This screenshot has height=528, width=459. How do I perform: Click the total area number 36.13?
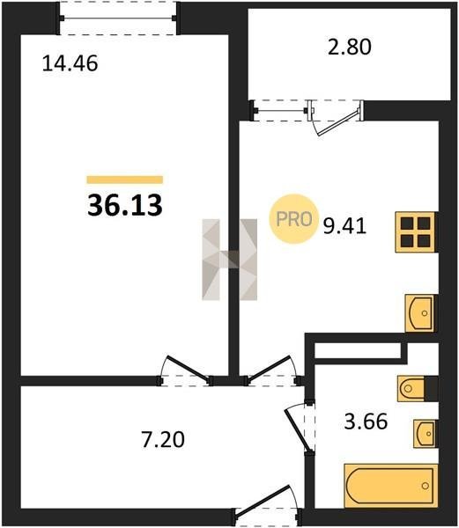tap(125, 205)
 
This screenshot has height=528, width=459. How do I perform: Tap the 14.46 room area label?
tap(70, 63)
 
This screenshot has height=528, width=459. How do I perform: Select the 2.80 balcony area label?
tap(350, 47)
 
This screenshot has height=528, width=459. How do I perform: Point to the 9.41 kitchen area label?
tap(344, 226)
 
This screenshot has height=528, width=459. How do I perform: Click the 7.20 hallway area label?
tap(164, 440)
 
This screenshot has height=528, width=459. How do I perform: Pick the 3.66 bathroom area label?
tap(366, 422)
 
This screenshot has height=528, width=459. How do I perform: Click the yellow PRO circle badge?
tap(293, 219)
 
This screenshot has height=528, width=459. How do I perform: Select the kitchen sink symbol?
tap(421, 313)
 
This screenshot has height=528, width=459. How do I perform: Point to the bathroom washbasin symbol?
tap(426, 434)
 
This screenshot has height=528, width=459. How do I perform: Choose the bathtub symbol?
tap(391, 486)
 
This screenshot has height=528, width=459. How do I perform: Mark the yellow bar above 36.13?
tap(125, 180)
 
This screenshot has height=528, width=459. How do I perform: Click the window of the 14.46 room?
tap(118, 18)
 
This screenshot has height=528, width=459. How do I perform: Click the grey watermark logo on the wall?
tap(229, 260)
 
